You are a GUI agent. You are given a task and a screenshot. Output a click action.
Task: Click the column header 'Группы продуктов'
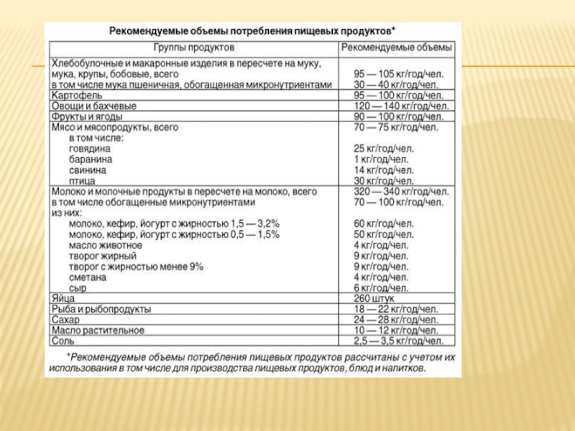click(194, 48)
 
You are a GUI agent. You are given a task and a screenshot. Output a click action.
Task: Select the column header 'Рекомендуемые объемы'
click(397, 48)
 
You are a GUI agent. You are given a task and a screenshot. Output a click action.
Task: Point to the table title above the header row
click(252, 31)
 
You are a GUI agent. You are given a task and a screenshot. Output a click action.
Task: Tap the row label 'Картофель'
click(77, 94)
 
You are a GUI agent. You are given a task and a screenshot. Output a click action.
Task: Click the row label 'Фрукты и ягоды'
click(87, 116)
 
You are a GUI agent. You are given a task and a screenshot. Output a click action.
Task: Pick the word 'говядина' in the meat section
click(91, 149)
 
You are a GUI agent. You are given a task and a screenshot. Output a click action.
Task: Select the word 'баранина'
click(91, 159)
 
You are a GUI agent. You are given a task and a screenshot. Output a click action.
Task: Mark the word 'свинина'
click(88, 170)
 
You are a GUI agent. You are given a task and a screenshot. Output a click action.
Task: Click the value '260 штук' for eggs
click(374, 298)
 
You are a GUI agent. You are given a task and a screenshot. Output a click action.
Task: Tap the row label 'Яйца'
click(63, 298)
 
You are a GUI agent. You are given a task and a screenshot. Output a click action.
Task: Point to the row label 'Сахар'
click(65, 320)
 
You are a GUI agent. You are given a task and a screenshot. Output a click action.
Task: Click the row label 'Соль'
click(63, 340)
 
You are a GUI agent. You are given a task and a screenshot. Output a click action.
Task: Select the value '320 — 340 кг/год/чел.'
click(401, 192)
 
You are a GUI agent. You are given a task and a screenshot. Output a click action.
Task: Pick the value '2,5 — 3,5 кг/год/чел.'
click(398, 340)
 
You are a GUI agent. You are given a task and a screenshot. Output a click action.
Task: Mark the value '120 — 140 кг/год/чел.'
click(401, 105)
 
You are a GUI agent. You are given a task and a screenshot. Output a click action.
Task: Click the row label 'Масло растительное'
click(98, 330)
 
